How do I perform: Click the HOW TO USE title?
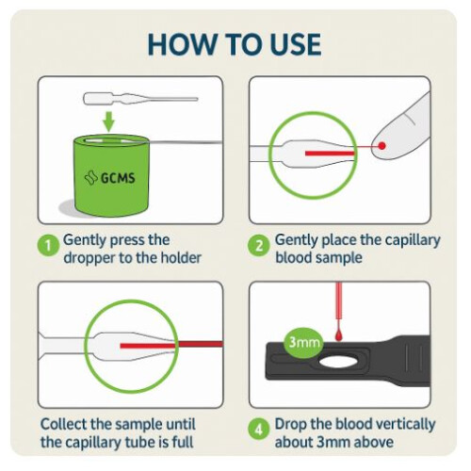tap(235, 43)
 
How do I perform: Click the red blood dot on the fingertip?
tap(382, 147)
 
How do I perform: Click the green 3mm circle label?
tap(303, 342)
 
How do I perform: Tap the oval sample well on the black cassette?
tap(336, 361)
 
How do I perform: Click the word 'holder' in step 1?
tap(171, 256)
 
